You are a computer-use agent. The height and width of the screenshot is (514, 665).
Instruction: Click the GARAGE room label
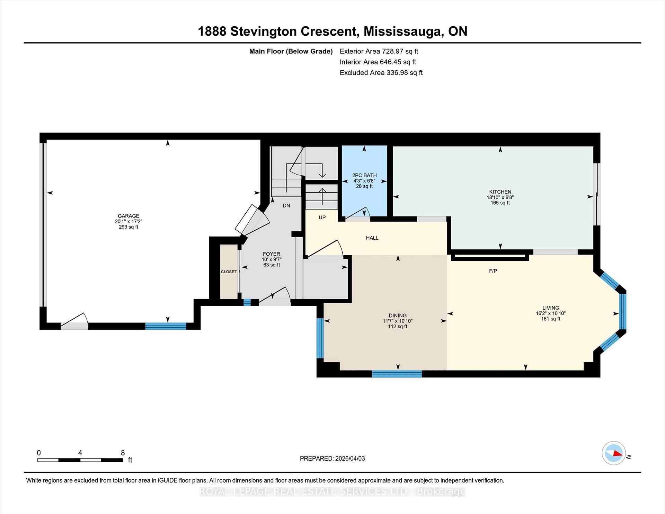point(128,216)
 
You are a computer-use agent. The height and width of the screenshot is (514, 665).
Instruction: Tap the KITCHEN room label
point(500,192)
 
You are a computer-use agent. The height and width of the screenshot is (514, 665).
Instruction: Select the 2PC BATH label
point(364,175)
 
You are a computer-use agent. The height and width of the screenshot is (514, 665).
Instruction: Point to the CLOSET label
point(229,272)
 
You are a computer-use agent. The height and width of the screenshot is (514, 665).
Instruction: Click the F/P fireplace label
point(493,271)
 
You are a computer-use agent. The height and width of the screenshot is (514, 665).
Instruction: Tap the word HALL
point(372,238)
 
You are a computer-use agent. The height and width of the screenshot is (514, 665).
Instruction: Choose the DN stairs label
point(286,206)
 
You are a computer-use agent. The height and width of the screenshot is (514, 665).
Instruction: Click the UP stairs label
point(322,218)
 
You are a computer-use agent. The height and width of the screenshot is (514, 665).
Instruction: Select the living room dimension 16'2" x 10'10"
point(550,313)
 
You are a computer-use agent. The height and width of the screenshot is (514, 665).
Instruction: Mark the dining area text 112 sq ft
point(397,326)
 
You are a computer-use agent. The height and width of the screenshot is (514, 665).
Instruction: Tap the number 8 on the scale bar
point(123,453)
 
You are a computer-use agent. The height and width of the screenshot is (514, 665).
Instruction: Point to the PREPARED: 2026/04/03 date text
point(332,458)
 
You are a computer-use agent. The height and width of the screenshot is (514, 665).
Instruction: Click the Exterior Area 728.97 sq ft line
point(379,51)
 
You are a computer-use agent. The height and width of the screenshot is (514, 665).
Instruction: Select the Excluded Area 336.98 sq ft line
point(381,73)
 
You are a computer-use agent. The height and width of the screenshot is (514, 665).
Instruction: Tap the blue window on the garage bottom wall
point(166,326)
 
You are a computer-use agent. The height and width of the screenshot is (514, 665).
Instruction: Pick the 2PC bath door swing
point(360,213)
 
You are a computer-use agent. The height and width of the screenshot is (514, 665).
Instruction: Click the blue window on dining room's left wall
point(320,338)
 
